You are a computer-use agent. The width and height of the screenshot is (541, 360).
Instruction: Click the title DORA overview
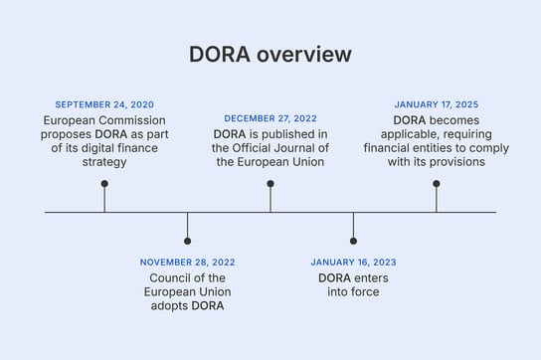coord(270,55)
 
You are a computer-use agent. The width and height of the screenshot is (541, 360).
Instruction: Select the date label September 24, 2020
coord(104,104)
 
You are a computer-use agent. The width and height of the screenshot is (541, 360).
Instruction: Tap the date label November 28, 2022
coord(187,263)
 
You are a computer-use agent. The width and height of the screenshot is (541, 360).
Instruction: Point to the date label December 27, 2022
coord(270,118)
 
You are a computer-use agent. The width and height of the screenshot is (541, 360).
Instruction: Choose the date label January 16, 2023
coord(353,263)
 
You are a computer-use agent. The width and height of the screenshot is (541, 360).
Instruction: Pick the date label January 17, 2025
coord(436,104)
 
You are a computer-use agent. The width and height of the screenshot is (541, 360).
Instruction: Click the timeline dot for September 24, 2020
coord(104,183)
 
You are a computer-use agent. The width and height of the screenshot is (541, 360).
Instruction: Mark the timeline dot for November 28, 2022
coord(187,241)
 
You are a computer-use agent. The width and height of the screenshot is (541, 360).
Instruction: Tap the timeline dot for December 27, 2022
coord(270,183)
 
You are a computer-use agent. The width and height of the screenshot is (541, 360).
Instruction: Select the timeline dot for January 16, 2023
coord(353,241)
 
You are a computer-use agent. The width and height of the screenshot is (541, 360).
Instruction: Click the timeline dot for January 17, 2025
coord(436,183)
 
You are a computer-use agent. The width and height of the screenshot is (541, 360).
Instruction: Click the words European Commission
coord(104,119)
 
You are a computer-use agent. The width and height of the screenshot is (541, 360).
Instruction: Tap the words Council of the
coord(187,277)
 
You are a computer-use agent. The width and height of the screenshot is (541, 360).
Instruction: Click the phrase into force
coord(353,291)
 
